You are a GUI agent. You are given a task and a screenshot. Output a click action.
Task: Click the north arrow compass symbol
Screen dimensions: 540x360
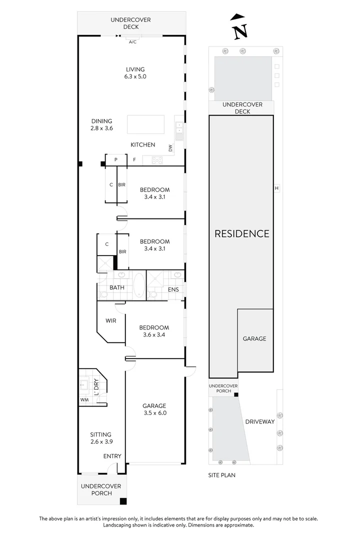tap(239, 27)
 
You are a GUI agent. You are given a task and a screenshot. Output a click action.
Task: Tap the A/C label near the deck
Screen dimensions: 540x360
tap(132, 42)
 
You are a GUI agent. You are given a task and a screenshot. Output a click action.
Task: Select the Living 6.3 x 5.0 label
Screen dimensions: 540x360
tap(135, 73)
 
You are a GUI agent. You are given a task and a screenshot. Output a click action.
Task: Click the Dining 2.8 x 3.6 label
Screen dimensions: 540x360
tap(101, 124)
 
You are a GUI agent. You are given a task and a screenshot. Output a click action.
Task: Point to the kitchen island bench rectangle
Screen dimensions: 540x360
tap(145, 124)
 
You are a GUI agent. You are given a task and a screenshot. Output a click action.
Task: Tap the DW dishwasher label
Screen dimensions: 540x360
tap(170, 148)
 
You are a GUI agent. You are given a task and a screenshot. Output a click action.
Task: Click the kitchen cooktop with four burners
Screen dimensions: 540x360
tap(156, 160)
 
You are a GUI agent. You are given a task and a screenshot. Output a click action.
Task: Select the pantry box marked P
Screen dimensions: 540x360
tap(115, 160)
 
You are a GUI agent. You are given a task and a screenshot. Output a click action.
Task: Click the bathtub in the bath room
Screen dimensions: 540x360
tap(138, 285)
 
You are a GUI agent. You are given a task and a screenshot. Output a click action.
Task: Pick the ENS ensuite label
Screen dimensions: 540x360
tap(173, 289)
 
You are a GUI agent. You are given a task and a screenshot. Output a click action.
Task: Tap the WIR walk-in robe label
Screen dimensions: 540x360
tap(110, 320)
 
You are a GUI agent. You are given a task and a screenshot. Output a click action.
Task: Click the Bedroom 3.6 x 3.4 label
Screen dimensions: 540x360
tap(154, 331)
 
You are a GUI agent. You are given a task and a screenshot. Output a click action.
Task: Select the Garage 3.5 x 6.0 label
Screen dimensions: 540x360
tap(154, 409)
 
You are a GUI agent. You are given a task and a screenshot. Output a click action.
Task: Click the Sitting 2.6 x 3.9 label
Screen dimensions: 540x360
tap(100, 438)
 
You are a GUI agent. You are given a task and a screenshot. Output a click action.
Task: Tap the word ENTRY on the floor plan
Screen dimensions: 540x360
tap(112, 456)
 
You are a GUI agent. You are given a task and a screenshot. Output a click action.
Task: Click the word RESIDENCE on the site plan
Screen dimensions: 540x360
tap(242, 233)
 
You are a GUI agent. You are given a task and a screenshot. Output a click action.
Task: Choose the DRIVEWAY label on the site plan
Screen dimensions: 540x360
tap(260, 421)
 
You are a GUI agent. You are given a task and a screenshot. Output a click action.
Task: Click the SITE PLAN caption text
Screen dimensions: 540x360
tap(221, 475)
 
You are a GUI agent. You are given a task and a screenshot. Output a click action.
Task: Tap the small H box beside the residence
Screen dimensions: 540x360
tap(276, 188)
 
